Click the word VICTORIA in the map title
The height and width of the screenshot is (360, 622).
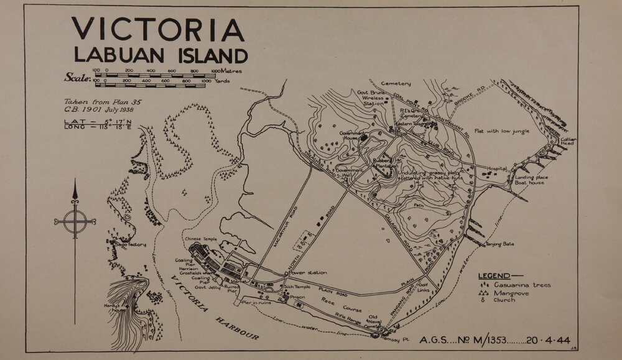point(158,30)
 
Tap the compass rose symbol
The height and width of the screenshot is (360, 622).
point(75,219)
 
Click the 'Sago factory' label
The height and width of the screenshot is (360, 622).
point(131,244)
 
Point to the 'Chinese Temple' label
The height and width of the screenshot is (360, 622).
point(200,239)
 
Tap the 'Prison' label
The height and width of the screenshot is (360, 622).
point(297,297)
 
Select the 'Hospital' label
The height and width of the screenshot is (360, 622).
point(497,168)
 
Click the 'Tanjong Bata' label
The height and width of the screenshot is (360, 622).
point(499,244)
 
